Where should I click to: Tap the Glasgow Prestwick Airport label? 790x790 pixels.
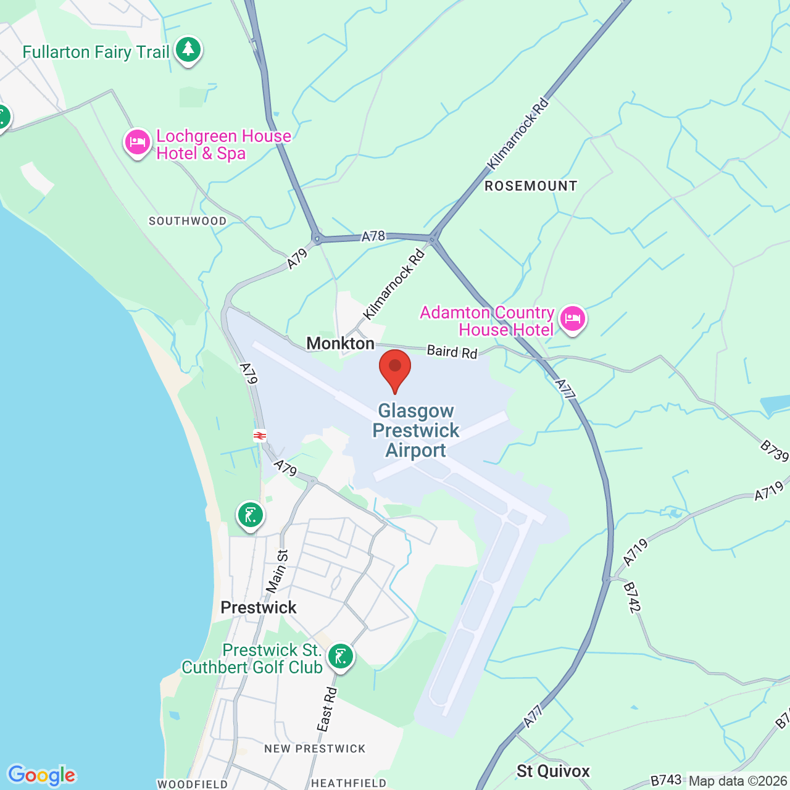416,431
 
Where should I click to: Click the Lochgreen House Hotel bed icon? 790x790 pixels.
138,143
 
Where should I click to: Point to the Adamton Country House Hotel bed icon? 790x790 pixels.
573,320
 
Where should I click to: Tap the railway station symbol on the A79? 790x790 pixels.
260,436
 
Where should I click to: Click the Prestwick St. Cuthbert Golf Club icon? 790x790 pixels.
340,657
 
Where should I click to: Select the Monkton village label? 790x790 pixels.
341,343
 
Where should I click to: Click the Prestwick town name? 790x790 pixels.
259,607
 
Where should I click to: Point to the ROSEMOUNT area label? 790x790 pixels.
531,186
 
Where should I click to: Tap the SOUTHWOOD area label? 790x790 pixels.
188,221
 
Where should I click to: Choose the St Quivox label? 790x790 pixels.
553,771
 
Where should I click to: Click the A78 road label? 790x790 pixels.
373,236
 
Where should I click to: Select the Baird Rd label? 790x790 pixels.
452,352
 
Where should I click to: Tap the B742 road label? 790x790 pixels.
632,597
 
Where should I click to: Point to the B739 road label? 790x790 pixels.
774,451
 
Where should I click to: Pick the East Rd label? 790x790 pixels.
327,710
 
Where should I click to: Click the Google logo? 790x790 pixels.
41,775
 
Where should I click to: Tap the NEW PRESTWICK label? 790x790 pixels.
315,749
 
